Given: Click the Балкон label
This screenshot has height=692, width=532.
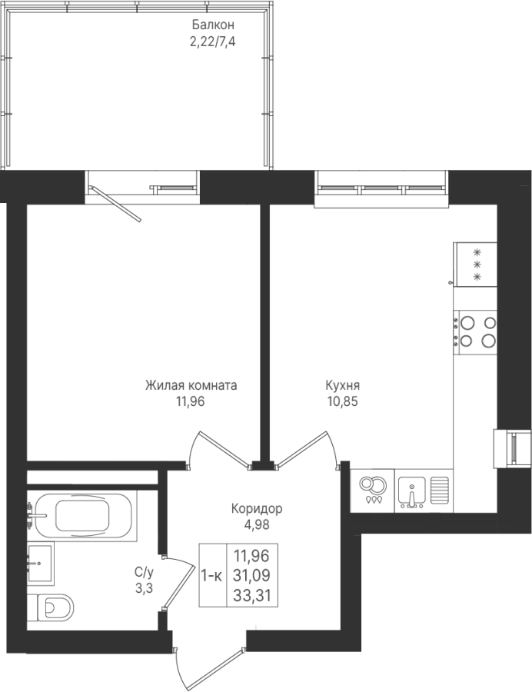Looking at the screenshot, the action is tap(213, 25).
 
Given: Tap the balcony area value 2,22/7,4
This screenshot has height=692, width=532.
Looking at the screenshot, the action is tap(213, 42).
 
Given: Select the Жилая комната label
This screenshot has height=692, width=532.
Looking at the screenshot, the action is tap(191, 385).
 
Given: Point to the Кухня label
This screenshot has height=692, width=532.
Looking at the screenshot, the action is tap(343, 385).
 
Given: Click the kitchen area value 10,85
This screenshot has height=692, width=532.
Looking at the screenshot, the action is tap(343, 401).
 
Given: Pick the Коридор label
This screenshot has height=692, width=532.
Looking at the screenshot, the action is tap(257, 509).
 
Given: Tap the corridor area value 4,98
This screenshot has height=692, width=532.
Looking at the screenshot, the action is tap(257, 524).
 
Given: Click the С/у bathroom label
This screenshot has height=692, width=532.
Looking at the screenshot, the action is tap(145, 573).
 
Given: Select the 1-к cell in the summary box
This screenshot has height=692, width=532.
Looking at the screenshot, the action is tap(212, 575).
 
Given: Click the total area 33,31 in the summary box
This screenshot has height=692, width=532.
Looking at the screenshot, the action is tap(252, 597).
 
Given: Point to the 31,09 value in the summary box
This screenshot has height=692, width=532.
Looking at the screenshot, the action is tap(252, 575).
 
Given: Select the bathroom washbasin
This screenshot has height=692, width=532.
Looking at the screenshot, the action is tap(40, 564).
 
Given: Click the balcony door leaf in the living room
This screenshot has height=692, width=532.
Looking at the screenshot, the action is tap(116, 204).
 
